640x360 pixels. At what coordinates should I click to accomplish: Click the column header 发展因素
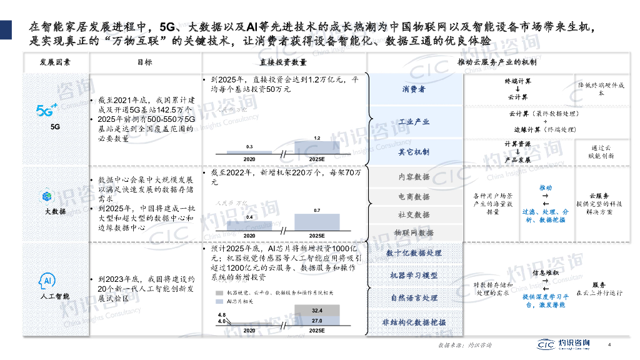click(55, 62)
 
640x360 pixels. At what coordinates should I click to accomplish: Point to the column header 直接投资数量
click(282, 62)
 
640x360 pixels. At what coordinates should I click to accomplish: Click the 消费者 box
click(414, 89)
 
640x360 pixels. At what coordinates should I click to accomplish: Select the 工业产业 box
click(414, 121)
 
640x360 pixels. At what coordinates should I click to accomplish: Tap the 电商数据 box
click(414, 196)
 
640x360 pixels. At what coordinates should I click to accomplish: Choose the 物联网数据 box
click(414, 232)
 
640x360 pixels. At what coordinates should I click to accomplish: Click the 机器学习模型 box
click(414, 276)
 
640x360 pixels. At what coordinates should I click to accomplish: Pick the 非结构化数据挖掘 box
click(414, 322)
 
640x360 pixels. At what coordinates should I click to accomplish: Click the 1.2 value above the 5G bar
click(317, 137)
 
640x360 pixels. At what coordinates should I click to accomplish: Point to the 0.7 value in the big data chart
click(317, 211)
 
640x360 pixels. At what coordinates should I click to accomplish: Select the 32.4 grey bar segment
click(317, 310)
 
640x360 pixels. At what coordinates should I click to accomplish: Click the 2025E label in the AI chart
click(317, 330)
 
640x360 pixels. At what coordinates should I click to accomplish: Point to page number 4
click(610, 343)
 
